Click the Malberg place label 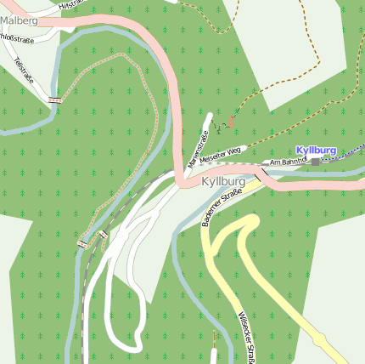[x=19, y=20]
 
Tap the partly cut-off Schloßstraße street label [x=16, y=37]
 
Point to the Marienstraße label [x=197, y=145]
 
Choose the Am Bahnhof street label [x=286, y=162]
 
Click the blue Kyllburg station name [x=316, y=151]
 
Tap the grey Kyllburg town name [x=223, y=182]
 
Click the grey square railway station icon [x=315, y=161]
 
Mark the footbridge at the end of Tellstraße [x=55, y=100]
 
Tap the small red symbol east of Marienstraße [x=231, y=122]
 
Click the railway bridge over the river [x=84, y=242]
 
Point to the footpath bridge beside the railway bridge [x=103, y=234]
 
